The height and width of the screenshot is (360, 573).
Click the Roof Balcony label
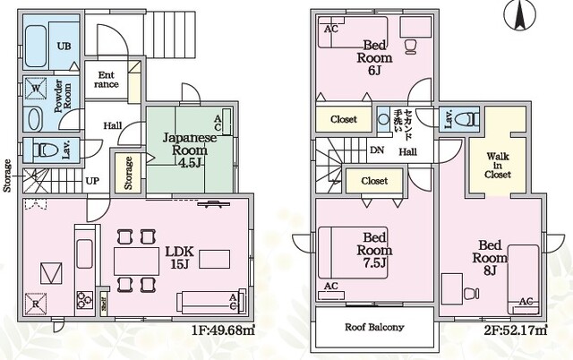click(373, 327)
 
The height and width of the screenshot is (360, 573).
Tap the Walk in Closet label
click(498, 165)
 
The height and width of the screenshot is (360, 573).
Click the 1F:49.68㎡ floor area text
click(223, 330)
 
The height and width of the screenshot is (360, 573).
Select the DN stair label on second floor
click(378, 150)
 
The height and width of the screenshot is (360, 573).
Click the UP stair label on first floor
click(92, 180)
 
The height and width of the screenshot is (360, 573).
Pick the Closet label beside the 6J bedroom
click(343, 119)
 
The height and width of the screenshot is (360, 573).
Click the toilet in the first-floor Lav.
click(45, 150)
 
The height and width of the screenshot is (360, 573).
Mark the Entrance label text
click(107, 80)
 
